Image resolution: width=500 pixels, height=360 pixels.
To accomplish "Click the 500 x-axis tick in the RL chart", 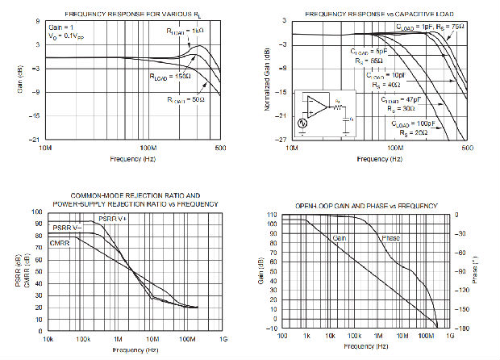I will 219,149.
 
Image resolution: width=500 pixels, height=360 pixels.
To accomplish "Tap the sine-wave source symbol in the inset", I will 303,123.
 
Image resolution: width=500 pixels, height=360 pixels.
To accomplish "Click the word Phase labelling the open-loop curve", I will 390,237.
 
